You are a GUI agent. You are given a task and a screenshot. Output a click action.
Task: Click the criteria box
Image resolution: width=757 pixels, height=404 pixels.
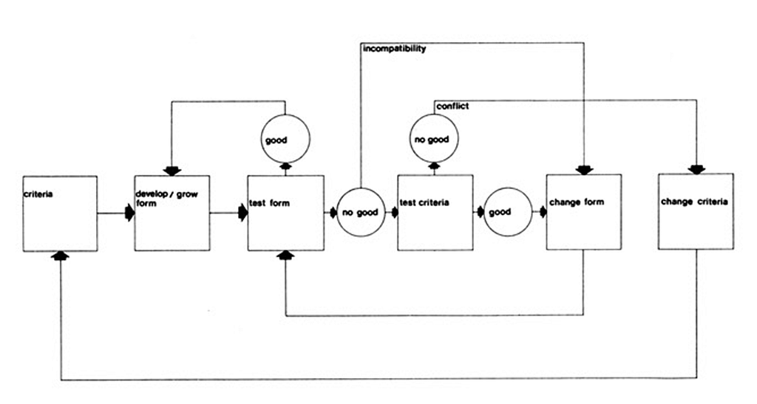tap(61, 213)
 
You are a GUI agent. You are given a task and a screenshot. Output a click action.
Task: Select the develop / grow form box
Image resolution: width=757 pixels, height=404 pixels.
tap(172, 213)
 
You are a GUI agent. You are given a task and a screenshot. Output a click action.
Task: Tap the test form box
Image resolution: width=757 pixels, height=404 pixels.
tap(286, 213)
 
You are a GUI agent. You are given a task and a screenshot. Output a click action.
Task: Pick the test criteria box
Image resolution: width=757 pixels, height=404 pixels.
tap(435, 213)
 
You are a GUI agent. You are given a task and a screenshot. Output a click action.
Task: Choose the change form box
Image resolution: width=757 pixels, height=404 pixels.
tap(584, 212)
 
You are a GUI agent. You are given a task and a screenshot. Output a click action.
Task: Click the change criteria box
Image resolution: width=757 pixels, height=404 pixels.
tap(696, 212)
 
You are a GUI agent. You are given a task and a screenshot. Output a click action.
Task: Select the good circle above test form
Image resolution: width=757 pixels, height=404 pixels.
tap(285, 139)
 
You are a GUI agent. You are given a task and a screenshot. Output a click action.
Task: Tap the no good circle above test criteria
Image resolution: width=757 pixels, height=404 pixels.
tap(434, 138)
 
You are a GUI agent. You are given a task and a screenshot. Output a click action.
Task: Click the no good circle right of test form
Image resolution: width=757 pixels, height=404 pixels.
tap(361, 212)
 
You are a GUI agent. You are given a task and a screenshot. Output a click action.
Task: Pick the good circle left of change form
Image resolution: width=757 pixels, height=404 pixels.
tap(508, 212)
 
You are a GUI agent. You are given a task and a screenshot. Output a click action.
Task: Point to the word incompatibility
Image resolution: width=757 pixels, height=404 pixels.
tap(395, 49)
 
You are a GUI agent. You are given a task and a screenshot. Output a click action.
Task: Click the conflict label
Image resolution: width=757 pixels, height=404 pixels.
tap(452, 106)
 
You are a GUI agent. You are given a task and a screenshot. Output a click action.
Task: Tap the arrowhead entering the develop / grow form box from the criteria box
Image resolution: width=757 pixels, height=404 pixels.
tap(129, 213)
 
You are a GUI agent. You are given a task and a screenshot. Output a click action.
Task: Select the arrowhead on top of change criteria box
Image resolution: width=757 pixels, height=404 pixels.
tap(696, 169)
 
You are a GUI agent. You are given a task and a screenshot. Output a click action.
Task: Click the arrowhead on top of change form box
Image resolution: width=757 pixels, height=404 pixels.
tap(585, 170)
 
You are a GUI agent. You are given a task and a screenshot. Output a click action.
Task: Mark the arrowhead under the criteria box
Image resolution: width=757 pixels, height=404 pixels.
tap(61, 256)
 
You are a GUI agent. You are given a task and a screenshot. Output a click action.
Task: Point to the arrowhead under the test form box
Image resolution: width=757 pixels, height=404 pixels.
tap(286, 255)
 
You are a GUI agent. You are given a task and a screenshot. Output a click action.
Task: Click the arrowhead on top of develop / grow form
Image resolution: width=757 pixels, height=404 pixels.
tap(172, 171)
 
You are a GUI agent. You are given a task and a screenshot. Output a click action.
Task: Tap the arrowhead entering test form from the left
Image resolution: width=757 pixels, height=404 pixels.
tap(243, 213)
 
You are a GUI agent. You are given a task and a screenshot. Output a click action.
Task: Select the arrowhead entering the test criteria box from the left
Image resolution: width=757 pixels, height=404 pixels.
tap(395, 213)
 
